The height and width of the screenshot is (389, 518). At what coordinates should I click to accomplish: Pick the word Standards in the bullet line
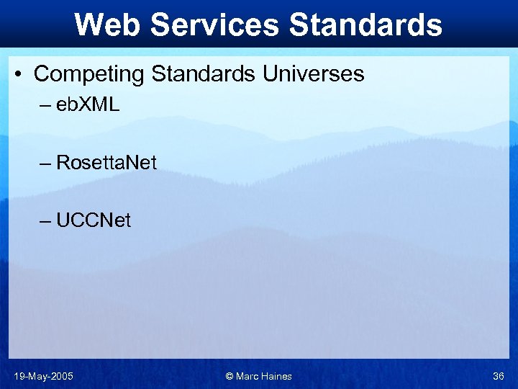click(x=203, y=73)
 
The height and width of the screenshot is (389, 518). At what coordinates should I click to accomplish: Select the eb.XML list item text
click(x=88, y=104)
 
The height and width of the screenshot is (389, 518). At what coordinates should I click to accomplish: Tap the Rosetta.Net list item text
click(x=106, y=162)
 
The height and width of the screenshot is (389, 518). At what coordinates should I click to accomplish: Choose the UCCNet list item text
click(x=94, y=220)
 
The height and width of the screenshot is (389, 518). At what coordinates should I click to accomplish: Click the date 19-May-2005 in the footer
click(x=43, y=376)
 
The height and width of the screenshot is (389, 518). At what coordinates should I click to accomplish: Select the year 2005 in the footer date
click(x=61, y=376)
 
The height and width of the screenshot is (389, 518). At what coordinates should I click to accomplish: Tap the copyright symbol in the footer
click(x=230, y=376)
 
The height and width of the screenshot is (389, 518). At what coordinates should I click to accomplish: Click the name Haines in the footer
click(x=276, y=376)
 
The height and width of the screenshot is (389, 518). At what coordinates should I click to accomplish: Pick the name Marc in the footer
click(x=247, y=376)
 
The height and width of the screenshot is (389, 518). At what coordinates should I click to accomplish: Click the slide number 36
click(x=498, y=376)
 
